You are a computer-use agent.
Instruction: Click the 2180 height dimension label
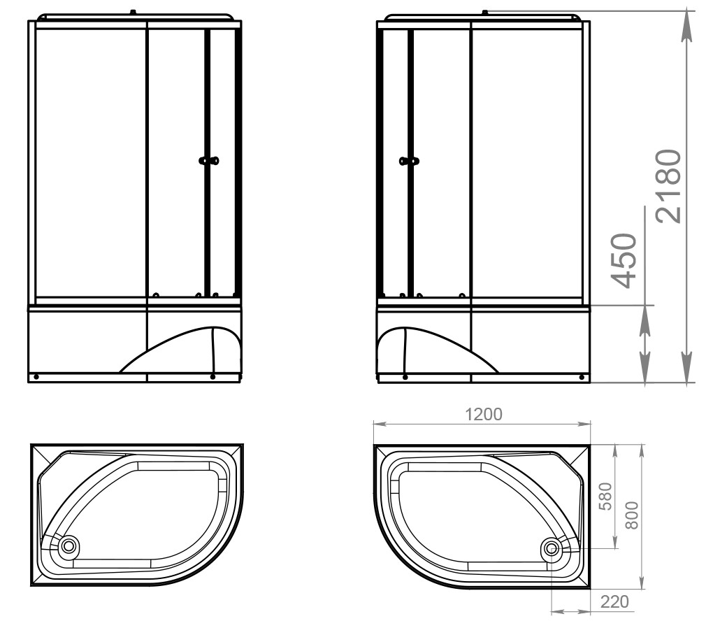[669, 186]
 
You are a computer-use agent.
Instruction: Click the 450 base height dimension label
[624, 261]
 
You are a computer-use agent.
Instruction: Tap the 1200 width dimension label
[483, 414]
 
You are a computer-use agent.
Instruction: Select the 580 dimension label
[607, 496]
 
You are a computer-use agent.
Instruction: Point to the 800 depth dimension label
[632, 515]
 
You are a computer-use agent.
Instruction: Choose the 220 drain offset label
[614, 601]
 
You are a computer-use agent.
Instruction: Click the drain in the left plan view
[69, 546]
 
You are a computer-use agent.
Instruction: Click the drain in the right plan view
[551, 548]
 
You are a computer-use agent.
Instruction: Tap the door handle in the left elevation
[209, 160]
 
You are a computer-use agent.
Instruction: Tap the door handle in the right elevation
[410, 161]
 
